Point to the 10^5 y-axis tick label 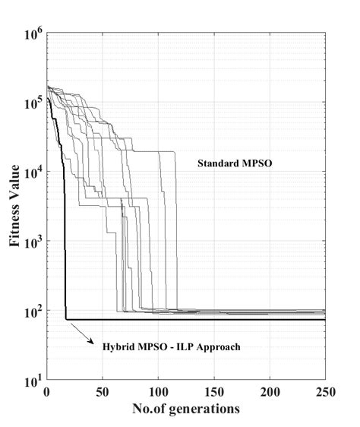(x=33, y=103)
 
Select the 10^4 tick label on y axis (x=33, y=172)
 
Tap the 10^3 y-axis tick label (x=33, y=242)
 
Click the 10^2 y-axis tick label (x=33, y=311)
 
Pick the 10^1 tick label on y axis (x=33, y=380)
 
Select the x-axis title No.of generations (x=186, y=409)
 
